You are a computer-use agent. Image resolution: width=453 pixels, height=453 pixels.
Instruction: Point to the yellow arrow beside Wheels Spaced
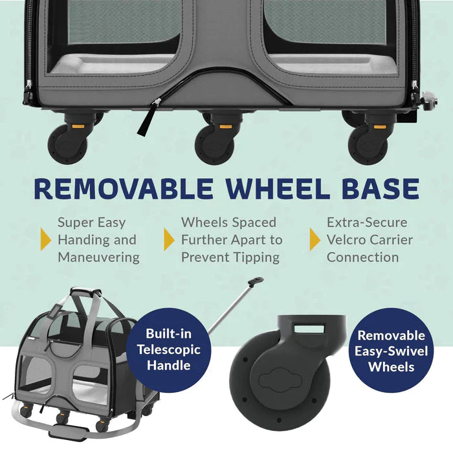[x=170, y=239]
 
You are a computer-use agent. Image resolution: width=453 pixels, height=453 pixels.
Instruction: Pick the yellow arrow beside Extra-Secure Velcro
[x=315, y=239]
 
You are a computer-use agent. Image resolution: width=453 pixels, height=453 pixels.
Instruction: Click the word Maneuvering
[x=98, y=257]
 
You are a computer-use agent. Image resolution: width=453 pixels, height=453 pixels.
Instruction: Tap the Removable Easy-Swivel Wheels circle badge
[x=391, y=351]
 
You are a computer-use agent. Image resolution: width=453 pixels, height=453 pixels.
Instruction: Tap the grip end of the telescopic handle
[x=256, y=283]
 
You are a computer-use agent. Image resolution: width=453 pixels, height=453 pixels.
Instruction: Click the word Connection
[x=362, y=257]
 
